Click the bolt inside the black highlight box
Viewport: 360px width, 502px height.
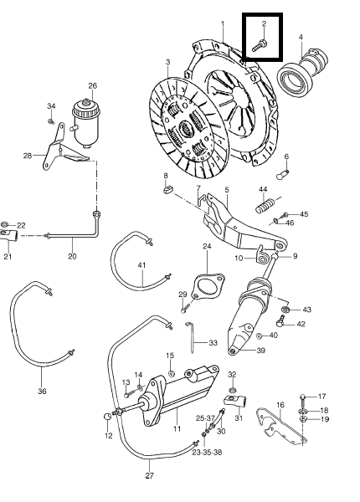tap(260, 45)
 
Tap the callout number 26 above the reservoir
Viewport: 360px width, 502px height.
tap(93, 86)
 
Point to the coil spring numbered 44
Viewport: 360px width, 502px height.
tap(265, 205)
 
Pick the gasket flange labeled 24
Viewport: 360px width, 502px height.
tap(208, 285)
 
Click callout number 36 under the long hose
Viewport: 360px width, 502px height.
tap(42, 391)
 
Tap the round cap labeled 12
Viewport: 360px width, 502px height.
tap(108, 417)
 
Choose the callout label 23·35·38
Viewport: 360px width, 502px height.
tap(207, 453)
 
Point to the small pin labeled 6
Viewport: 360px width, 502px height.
tap(282, 175)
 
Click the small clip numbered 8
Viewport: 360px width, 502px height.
tap(167, 190)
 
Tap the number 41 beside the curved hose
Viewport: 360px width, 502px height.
tap(141, 265)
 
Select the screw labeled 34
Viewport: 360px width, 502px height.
tap(50, 121)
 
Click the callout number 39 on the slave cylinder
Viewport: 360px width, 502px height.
tap(261, 351)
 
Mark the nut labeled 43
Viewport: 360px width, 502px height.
tap(285, 310)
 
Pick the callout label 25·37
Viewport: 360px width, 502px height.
tap(205, 418)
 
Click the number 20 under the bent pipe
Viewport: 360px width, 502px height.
tap(72, 256)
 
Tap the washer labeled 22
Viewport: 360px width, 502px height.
tap(4, 224)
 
